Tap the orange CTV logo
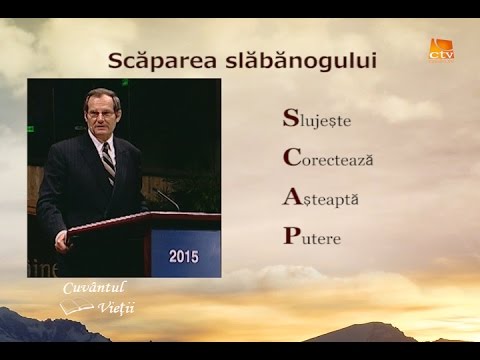pyautogui.click(x=441, y=50)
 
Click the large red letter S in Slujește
pyautogui.click(x=290, y=119)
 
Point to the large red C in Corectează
pyautogui.click(x=291, y=158)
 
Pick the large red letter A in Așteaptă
pyautogui.click(x=291, y=197)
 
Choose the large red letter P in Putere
pyautogui.click(x=290, y=237)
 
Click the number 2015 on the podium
pyautogui.click(x=184, y=256)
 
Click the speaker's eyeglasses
pyautogui.click(x=100, y=113)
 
